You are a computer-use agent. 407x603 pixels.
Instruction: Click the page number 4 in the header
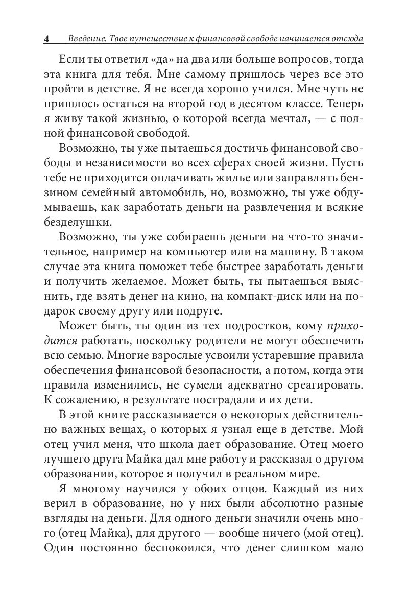(46, 39)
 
